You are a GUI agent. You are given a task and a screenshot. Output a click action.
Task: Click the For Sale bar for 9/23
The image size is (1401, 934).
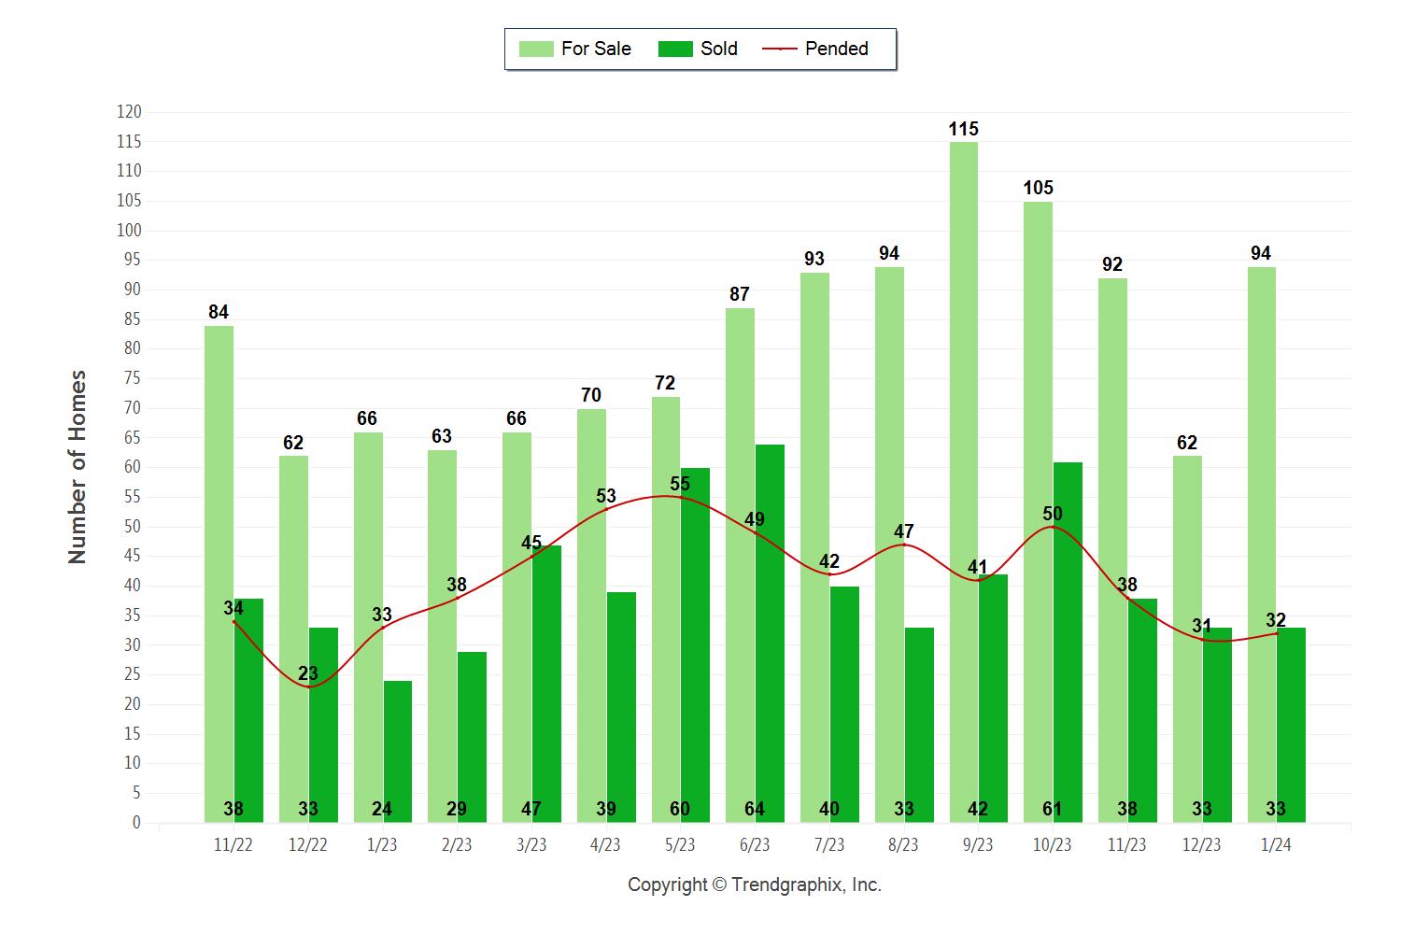click(964, 467)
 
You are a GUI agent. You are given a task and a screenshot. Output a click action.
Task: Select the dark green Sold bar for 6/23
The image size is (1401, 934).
click(770, 635)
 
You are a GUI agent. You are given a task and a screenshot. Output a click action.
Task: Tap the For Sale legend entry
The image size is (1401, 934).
click(575, 49)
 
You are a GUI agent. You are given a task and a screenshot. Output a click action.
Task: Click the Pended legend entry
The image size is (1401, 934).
click(816, 49)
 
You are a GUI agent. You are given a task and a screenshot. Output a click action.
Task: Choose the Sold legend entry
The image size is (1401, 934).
click(699, 49)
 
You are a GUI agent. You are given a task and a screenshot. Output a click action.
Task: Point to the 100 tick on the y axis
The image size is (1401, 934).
click(129, 231)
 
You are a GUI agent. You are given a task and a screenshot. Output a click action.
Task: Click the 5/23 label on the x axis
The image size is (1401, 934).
click(680, 844)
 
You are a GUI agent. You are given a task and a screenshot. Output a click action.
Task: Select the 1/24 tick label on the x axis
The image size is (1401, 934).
click(1276, 844)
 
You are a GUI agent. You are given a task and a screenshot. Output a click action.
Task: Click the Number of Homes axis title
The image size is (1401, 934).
click(78, 467)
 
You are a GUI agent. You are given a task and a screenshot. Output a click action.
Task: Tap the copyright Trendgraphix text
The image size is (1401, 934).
click(755, 884)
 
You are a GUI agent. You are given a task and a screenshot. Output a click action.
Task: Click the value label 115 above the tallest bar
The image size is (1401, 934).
click(964, 129)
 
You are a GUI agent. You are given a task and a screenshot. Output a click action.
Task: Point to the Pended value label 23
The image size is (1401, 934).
click(308, 673)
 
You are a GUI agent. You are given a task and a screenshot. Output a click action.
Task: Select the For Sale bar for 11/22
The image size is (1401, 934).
click(219, 560)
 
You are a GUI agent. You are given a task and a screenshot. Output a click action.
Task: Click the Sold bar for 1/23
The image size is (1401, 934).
click(397, 747)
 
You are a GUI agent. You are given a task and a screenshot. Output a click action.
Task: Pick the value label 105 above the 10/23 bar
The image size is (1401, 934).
click(1038, 188)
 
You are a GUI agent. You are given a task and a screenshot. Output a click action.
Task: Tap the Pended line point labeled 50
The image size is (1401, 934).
click(1053, 527)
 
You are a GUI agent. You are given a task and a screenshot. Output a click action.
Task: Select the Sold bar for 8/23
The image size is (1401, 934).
click(919, 719)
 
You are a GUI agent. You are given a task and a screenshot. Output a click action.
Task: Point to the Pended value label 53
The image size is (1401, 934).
click(605, 496)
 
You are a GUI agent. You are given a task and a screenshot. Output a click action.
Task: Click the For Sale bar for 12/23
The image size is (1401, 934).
click(1187, 635)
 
